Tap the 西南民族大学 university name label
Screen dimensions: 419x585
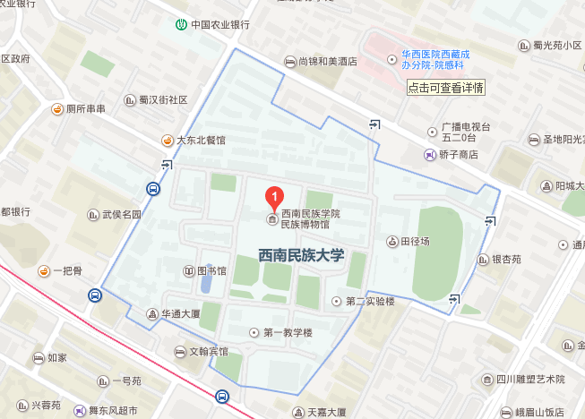pos(301,255)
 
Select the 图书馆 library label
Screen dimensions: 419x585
pos(211,271)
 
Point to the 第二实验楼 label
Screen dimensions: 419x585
pos(369,301)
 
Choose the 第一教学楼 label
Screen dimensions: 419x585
pos(288,333)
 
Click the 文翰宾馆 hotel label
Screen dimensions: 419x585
pos(208,352)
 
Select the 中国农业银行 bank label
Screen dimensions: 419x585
pos(219,24)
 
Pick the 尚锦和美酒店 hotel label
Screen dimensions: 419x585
pos(327,62)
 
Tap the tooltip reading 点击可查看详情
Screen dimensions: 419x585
pos(445,88)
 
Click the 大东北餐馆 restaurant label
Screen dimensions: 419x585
pos(201,141)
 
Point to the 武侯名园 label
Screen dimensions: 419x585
pos(122,215)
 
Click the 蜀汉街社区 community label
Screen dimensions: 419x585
pos(162,100)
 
